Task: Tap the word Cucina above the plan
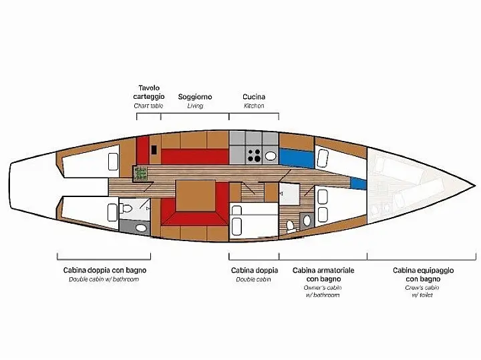(x=253, y=97)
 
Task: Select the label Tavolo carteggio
(x=148, y=92)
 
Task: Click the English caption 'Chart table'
(x=148, y=106)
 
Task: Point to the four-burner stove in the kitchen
(x=255, y=156)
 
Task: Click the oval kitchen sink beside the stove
(x=271, y=156)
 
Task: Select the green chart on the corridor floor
(x=141, y=173)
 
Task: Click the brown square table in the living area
(x=195, y=194)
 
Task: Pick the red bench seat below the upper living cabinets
(x=194, y=156)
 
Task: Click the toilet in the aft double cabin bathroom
(x=127, y=208)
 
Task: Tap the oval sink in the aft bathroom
(x=140, y=228)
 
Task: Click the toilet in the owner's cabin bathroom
(x=307, y=220)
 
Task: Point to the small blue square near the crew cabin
(x=358, y=182)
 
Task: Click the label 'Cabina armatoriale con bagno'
(x=323, y=274)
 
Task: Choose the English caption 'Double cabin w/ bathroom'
(x=104, y=279)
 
